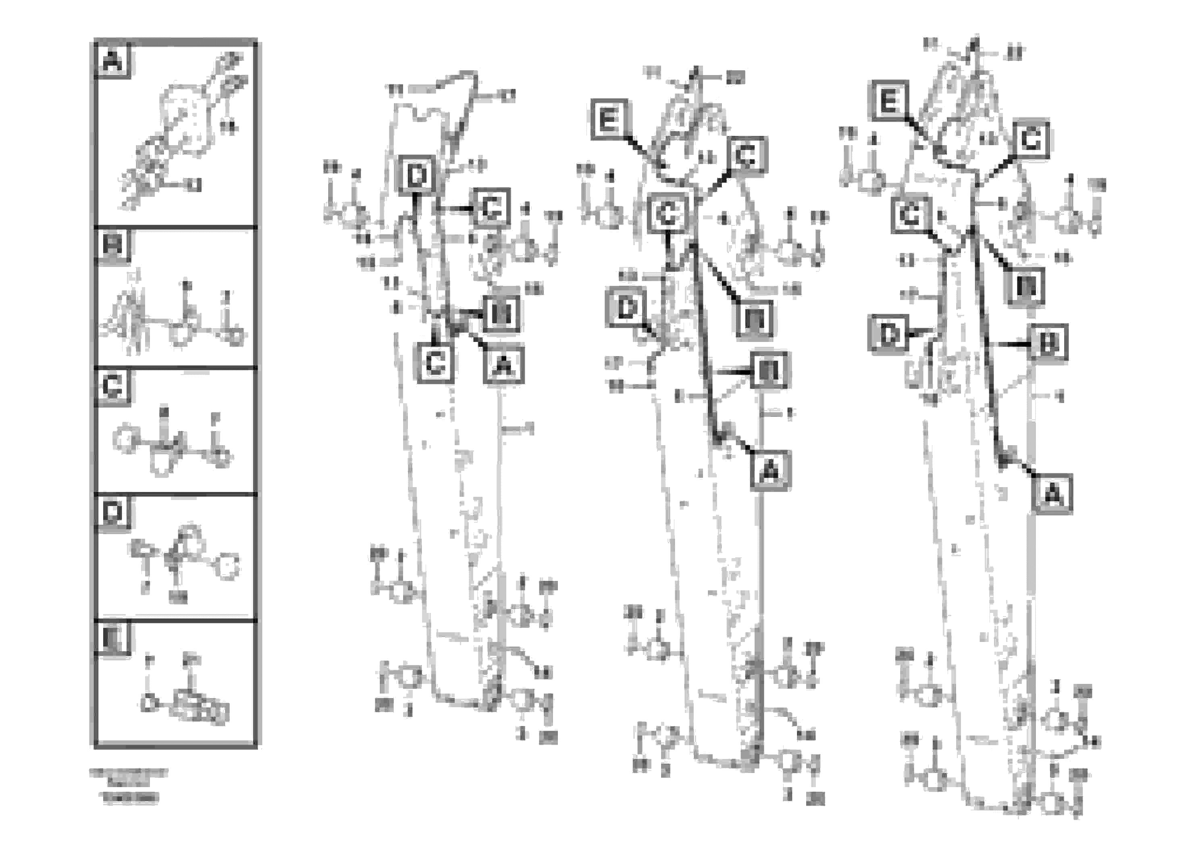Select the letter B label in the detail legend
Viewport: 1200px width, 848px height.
113,245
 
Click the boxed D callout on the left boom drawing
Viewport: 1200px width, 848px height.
417,176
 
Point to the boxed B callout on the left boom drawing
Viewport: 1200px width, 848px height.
501,314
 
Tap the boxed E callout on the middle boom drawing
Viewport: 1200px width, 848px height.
609,120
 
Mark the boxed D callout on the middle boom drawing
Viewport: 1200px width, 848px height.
626,308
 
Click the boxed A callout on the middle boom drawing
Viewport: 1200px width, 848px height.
770,471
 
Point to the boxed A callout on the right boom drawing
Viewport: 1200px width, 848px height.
1052,494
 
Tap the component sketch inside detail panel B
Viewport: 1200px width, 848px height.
173,319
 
